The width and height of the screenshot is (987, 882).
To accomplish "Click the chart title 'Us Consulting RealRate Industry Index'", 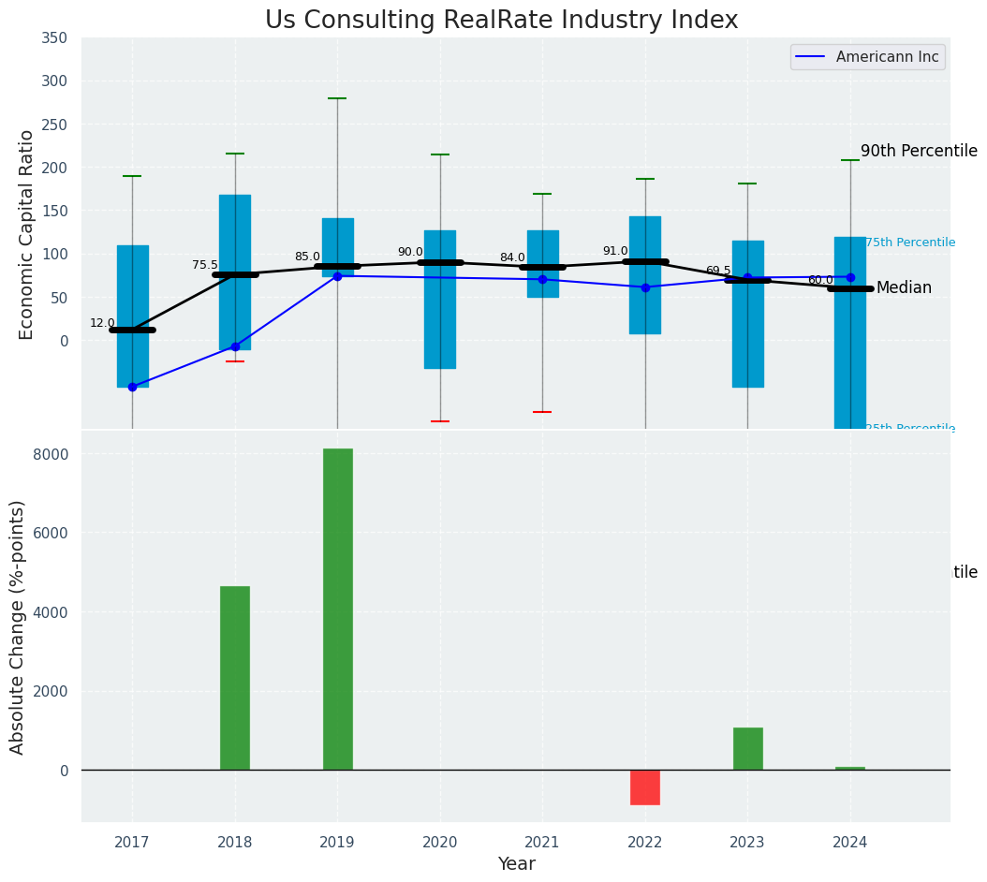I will (x=501, y=21).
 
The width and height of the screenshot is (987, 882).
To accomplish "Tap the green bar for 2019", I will (x=337, y=609).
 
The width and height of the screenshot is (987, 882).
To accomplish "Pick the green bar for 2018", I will (x=235, y=678).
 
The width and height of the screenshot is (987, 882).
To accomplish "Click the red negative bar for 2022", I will (x=645, y=787).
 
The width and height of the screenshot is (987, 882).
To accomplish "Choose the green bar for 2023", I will (x=747, y=749).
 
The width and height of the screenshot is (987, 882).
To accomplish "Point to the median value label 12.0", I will (x=102, y=323).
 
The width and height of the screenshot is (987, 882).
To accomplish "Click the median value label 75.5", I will (x=204, y=265).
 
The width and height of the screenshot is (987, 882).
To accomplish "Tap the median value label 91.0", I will (x=615, y=251).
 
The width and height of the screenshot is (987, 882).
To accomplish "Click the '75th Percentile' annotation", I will (x=909, y=243).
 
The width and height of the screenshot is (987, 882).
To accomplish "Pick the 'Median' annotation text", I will (x=904, y=288).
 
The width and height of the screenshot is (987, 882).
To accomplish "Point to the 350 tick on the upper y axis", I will (x=54, y=38).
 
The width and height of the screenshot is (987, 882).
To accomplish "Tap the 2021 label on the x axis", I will (x=542, y=843).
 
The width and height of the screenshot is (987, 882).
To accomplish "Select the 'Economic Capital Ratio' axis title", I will (x=27, y=234).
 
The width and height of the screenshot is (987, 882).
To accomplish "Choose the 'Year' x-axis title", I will (x=516, y=864).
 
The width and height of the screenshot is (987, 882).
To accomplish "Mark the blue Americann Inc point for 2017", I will (x=132, y=387).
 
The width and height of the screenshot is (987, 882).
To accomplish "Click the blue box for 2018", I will (x=235, y=272).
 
